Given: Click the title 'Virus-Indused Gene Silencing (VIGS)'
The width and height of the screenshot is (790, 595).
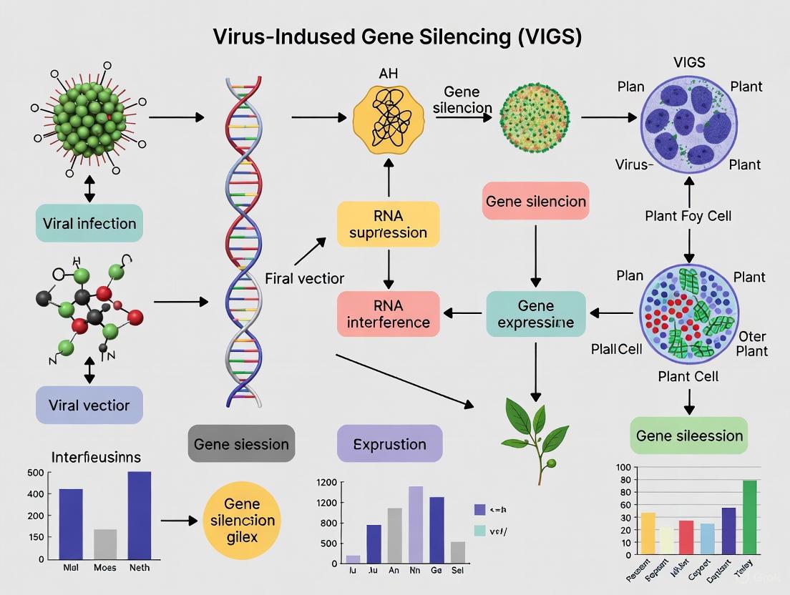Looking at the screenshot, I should [397, 36].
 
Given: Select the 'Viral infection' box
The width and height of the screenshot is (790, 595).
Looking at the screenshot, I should [89, 223].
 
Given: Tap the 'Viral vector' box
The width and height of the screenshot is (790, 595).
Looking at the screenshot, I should [89, 405].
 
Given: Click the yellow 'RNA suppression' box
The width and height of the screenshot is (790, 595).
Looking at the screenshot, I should [388, 223].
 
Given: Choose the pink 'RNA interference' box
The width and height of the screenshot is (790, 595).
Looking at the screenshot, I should [388, 313].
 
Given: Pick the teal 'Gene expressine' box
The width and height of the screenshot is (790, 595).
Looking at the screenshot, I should [536, 313].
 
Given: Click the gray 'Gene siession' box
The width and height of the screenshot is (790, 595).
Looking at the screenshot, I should [241, 444].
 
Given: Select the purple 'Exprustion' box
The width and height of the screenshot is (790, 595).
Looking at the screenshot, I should [389, 444].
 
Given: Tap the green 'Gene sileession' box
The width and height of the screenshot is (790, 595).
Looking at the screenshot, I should [689, 436].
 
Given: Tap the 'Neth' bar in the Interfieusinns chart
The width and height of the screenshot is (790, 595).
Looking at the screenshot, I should [139, 515].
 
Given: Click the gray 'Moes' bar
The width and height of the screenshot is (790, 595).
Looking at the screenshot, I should [105, 544].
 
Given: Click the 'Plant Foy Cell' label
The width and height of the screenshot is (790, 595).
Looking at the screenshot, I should [688, 216].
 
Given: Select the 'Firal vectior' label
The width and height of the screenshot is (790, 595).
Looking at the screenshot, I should [304, 278].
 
